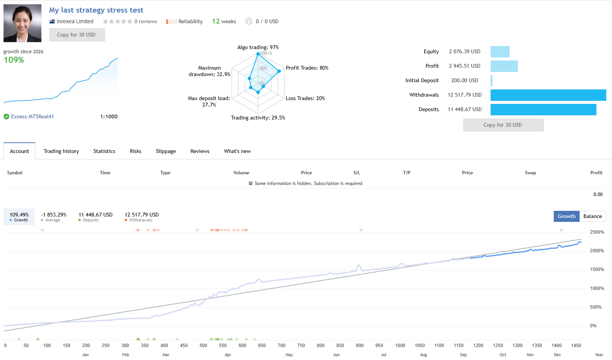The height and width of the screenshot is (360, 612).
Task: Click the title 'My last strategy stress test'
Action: pos(96,10)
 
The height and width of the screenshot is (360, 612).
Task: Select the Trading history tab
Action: pos(61,151)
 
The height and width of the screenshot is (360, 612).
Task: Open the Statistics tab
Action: pos(104,151)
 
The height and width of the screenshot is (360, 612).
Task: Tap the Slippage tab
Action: pos(166,151)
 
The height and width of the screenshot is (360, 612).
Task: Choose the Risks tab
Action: pos(135,151)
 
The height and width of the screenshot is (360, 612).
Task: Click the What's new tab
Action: pos(237,151)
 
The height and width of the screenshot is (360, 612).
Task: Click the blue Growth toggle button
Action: pos(566,216)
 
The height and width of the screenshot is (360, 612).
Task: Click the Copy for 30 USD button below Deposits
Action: pos(503,125)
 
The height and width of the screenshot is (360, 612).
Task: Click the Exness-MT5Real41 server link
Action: pos(32,116)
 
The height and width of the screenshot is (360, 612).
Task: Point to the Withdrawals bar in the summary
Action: pos(548,95)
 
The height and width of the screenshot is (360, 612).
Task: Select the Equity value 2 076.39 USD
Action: pos(464,52)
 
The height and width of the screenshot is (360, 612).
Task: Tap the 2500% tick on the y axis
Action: pos(597,232)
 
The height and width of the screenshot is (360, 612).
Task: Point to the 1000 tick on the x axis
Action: pos(400,345)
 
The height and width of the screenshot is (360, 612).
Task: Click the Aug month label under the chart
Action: pos(423,355)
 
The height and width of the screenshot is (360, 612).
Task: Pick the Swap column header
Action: pos(530,173)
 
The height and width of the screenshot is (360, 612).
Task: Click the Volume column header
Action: pos(241,173)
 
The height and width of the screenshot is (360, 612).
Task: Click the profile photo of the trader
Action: pos(22,23)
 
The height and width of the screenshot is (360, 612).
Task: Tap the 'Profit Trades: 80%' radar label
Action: pos(307,68)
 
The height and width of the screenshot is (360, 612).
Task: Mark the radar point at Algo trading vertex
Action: pos(258,54)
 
